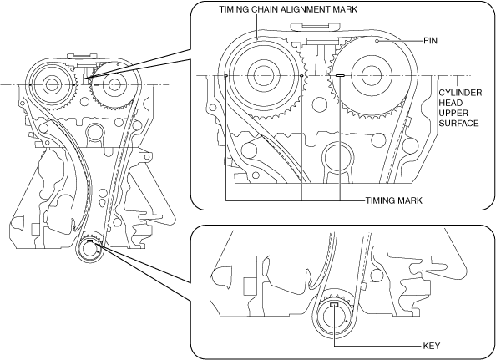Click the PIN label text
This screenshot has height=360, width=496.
coord(431,40)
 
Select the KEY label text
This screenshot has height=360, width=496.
coord(432,346)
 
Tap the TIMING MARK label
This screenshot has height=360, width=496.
coord(394,200)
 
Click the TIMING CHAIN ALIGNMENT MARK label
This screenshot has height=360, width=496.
coord(288,9)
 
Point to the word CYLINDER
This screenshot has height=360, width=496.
coord(460,93)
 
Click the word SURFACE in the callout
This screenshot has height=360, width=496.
coord(458,123)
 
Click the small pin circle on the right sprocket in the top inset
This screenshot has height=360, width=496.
coord(377,41)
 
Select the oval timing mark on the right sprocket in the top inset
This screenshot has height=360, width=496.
coord(340,76)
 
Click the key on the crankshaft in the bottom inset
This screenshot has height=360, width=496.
coord(334,304)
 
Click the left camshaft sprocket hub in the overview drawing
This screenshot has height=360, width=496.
coord(51,84)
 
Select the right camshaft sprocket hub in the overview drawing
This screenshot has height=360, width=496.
coord(114,84)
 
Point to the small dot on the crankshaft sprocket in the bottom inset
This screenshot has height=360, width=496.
coord(347,321)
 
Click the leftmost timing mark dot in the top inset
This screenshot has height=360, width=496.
coord(225,76)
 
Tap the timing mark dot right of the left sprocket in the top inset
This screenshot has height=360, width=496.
coord(301,76)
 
